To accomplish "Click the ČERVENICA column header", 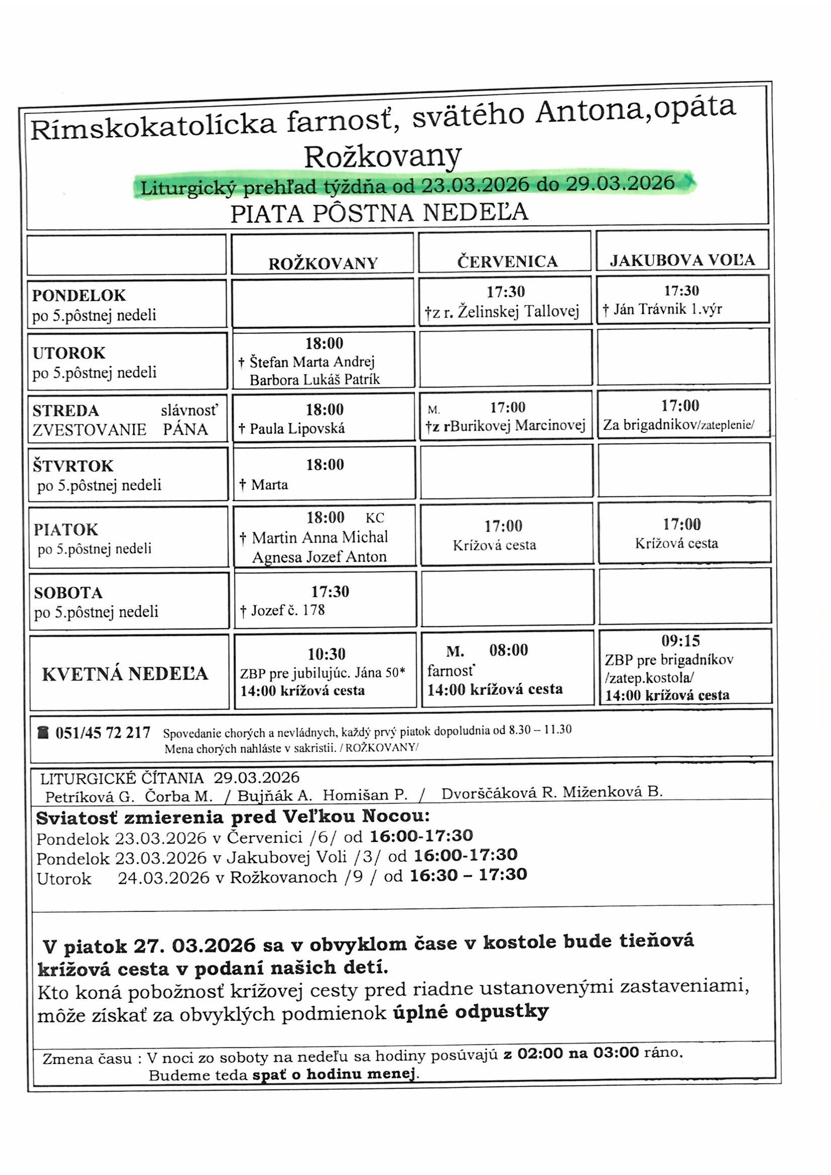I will [506, 261].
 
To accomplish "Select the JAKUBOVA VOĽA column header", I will [682, 260].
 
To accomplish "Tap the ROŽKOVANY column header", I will [324, 263].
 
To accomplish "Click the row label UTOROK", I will [68, 353].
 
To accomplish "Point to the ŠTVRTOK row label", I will [73, 466].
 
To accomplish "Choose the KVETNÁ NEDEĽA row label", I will [125, 674].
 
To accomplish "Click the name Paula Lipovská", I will [297, 428].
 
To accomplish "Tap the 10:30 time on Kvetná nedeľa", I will [326, 654].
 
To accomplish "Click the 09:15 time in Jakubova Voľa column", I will [680, 641].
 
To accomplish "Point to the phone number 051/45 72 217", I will [102, 733].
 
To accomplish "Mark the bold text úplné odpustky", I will [471, 1011].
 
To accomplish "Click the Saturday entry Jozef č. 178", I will [287, 610].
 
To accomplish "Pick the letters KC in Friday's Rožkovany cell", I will [375, 518].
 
